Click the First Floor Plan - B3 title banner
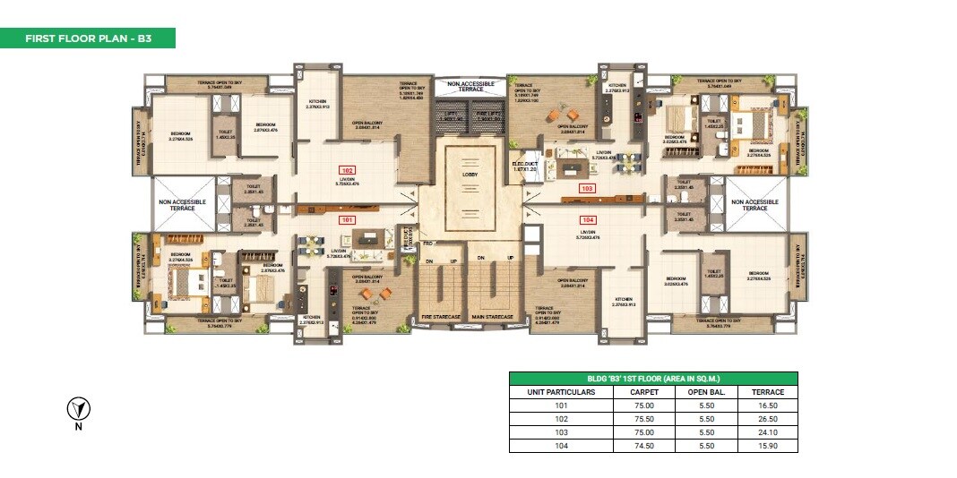tap(87, 38)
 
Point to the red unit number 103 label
tap(587, 189)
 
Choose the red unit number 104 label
tap(587, 218)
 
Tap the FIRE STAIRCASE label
tap(441, 316)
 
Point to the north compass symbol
tap(79, 410)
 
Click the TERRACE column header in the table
tap(768, 392)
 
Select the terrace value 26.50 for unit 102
tap(768, 419)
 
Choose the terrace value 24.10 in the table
tap(768, 432)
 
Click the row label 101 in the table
tap(562, 405)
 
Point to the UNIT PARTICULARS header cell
tap(562, 392)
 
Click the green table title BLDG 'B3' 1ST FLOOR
tap(653, 379)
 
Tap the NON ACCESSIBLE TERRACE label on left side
tap(183, 204)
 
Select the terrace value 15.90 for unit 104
tap(768, 445)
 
